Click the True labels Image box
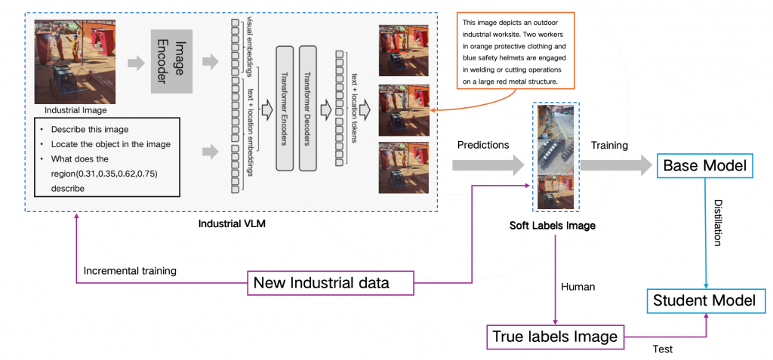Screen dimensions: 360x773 click(554, 336)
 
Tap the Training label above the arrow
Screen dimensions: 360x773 click(608, 144)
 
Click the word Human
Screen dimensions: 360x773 click(577, 286)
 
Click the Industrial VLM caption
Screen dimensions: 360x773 click(233, 225)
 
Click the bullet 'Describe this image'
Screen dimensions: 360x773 click(90, 128)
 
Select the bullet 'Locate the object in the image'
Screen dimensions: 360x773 click(110, 143)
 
